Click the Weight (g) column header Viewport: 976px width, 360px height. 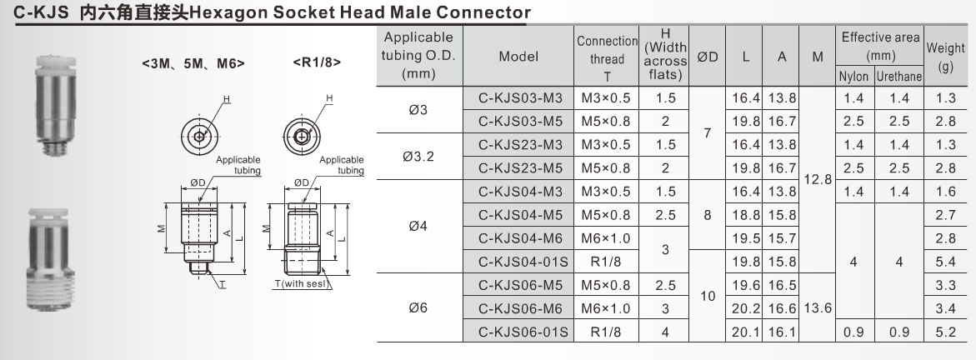pos(945,57)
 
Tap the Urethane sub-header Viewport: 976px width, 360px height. pos(898,77)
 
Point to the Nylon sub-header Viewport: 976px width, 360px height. pos(853,77)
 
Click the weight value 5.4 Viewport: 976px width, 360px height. pos(945,262)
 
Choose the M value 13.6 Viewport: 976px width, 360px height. pos(817,308)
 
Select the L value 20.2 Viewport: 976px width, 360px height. pos(745,309)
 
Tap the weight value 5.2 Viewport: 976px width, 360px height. pos(945,332)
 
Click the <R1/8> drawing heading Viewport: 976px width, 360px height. pos(317,61)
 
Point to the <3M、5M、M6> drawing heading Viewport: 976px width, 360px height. pos(193,62)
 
